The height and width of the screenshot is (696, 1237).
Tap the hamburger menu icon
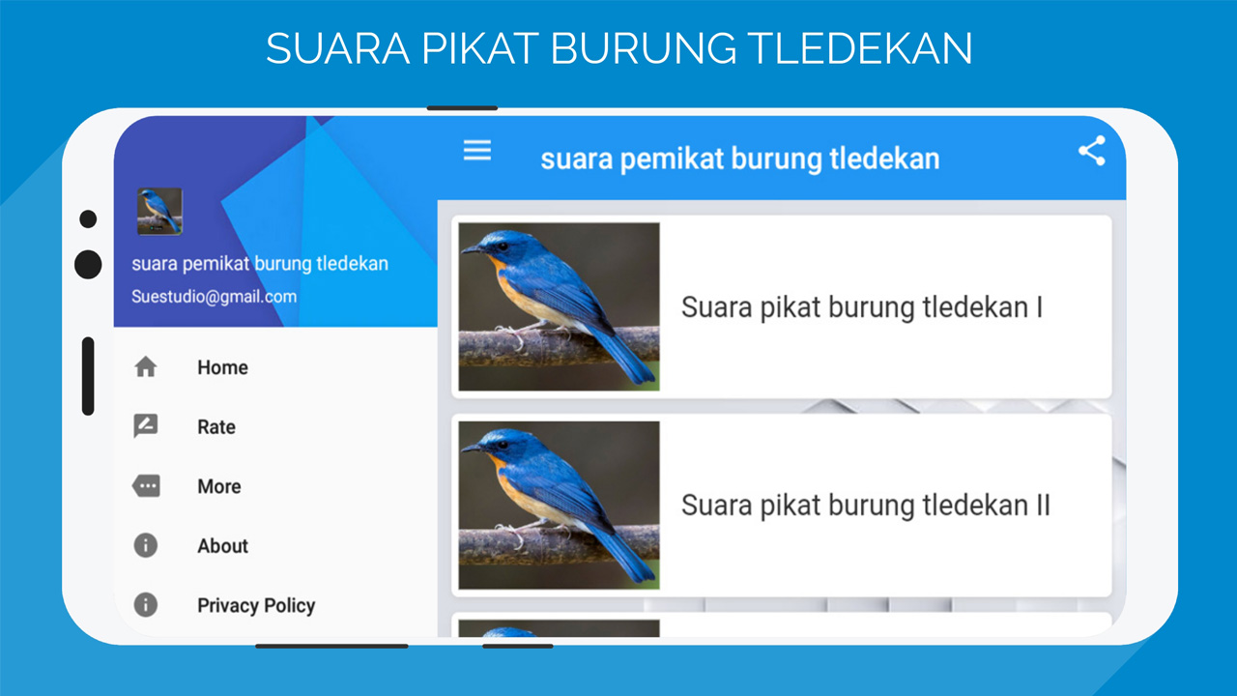click(477, 150)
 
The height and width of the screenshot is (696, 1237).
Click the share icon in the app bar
click(1092, 150)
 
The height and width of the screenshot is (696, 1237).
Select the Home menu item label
click(222, 367)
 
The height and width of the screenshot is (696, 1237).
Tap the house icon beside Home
click(146, 366)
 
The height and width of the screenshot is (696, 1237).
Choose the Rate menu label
click(216, 427)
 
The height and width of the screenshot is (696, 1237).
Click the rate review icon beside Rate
click(146, 426)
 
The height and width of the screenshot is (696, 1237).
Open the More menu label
click(219, 486)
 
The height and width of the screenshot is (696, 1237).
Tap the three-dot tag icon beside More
click(146, 486)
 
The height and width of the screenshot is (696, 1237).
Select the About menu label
click(222, 546)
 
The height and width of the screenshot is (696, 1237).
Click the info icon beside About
click(146, 545)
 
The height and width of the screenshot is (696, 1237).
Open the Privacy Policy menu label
click(256, 606)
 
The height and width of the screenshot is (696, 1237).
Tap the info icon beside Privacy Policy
click(146, 604)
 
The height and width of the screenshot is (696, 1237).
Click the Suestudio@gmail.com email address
click(215, 297)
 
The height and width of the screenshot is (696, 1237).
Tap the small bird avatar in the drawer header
click(159, 212)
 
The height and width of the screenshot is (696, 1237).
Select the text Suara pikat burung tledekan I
click(862, 307)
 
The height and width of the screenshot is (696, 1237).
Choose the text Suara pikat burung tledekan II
click(866, 506)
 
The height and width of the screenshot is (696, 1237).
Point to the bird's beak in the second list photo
click(471, 449)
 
